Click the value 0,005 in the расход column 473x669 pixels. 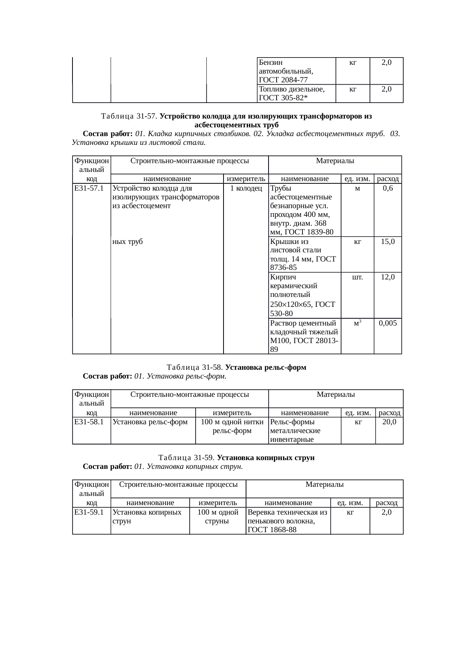coord(388,323)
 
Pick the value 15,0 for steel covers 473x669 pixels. coord(388,241)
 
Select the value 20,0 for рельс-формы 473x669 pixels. coord(389,422)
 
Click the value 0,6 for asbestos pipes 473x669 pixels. coord(388,188)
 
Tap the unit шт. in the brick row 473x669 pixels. coord(357,277)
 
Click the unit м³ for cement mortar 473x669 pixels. coord(357,323)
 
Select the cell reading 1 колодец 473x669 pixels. coord(246,188)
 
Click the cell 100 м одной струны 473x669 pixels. coord(218,516)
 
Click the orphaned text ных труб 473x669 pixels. coord(128,241)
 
